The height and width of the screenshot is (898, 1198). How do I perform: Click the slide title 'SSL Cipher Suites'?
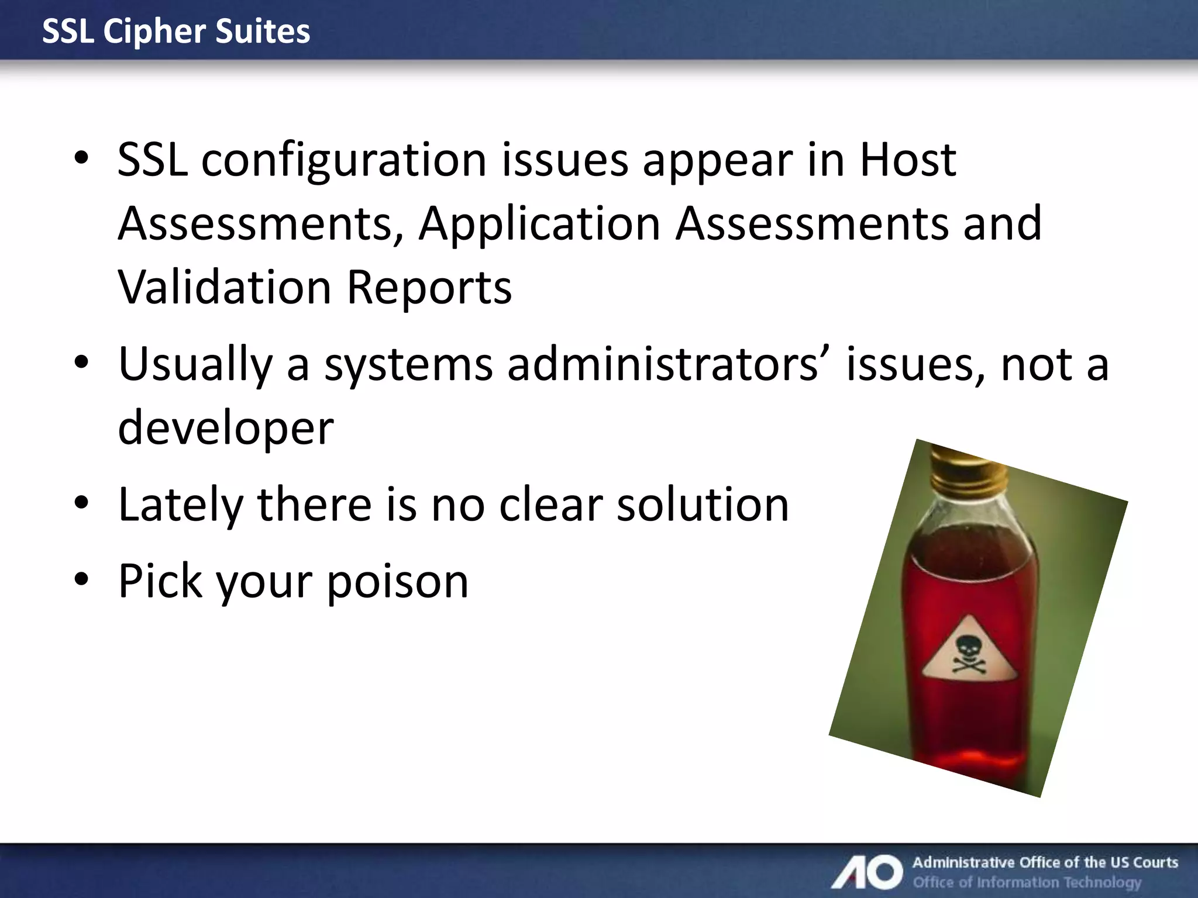pos(176,31)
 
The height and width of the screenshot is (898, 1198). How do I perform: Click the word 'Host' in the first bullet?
pos(907,160)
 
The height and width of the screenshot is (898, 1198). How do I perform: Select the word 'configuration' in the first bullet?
pos(344,161)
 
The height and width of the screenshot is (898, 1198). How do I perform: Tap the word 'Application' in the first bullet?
pos(539,224)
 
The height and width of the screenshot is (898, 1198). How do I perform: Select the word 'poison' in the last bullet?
pos(397,582)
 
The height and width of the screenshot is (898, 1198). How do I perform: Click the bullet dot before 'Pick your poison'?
pos(81,579)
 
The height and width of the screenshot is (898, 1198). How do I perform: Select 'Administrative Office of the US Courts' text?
pos(1045,862)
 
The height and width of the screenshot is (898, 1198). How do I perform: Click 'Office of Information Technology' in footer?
pos(1027,882)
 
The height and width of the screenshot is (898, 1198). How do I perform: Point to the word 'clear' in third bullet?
pos(550,505)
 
